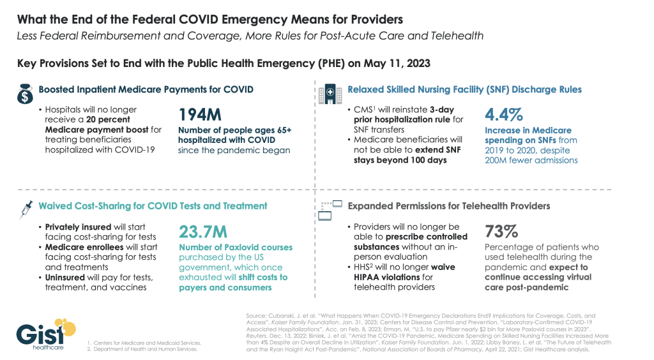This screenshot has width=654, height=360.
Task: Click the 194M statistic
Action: coord(200,116)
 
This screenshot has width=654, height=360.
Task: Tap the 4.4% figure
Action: coord(504,115)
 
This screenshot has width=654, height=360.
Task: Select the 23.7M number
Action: coord(203,232)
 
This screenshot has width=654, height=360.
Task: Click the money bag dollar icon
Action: coord(24,94)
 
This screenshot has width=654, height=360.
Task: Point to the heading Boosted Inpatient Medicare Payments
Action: coord(146,89)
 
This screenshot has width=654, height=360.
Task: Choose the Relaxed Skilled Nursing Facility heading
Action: coord(464,89)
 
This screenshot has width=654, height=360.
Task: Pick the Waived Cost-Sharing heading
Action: coord(153,206)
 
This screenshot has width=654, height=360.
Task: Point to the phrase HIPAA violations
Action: coord(384,277)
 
